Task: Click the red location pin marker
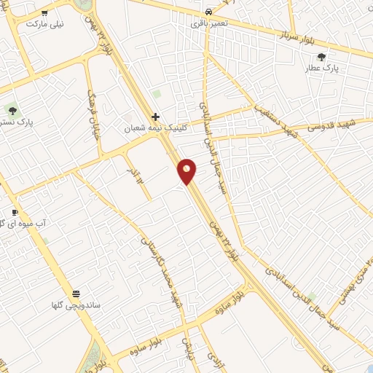[187, 172]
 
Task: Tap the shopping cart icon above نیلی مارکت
[45, 13]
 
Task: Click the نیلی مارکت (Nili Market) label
[45, 24]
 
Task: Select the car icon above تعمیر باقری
[209, 12]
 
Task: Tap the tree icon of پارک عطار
[322, 57]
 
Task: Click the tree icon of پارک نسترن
[12, 111]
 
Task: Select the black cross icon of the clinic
[155, 117]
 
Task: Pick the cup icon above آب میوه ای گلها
[14, 213]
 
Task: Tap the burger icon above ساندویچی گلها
[76, 294]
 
